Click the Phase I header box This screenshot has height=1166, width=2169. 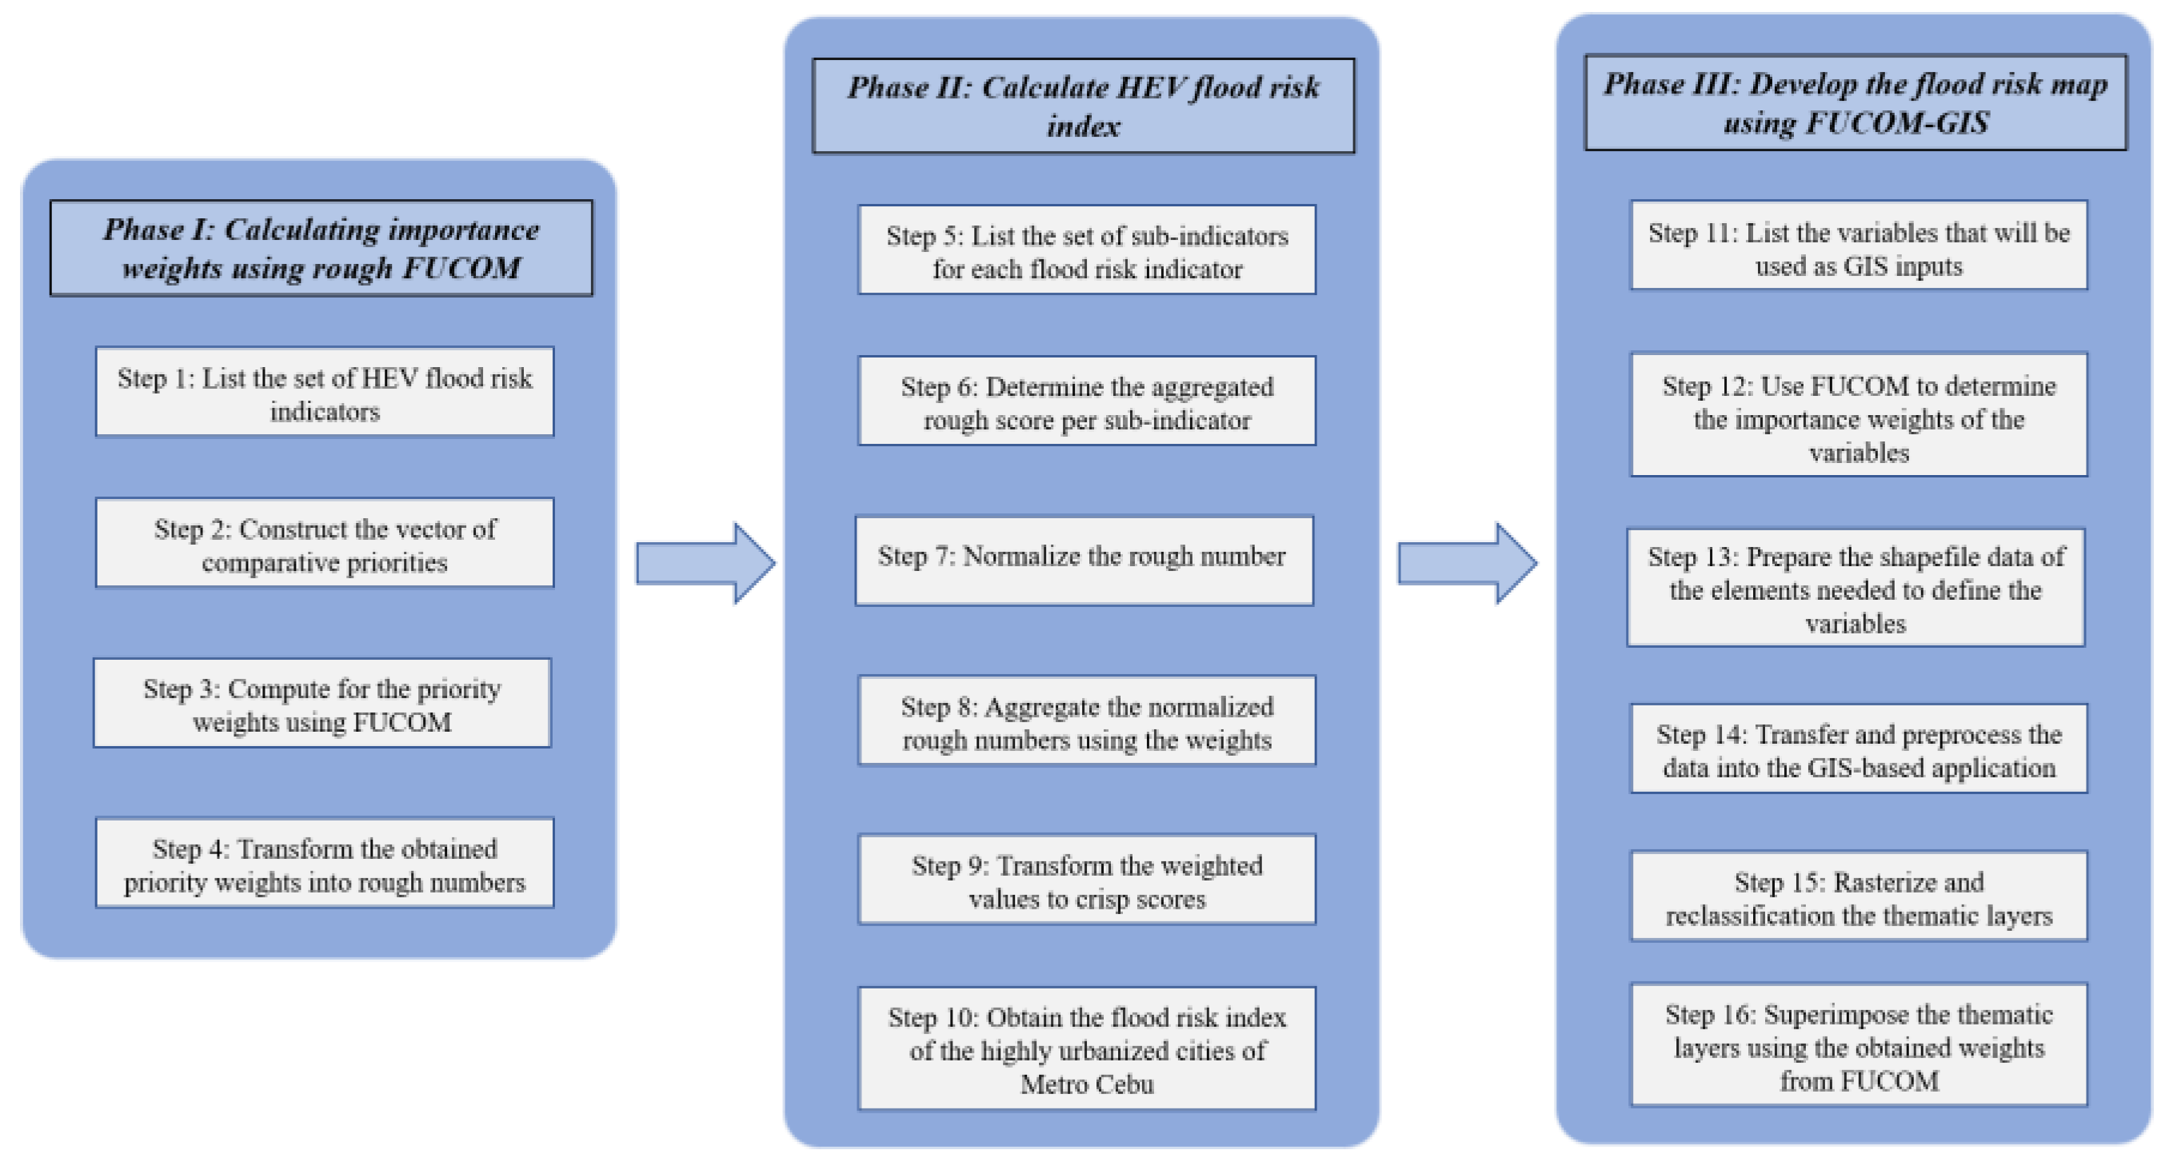(x=321, y=249)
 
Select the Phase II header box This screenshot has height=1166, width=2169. (x=1083, y=106)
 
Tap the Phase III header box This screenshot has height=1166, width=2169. (x=1855, y=102)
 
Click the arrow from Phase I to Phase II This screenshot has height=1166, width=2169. (x=705, y=563)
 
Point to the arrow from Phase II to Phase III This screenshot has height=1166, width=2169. (x=1467, y=563)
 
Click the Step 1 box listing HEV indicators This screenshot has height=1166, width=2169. (x=324, y=393)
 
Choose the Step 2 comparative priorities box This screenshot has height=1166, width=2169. (x=324, y=543)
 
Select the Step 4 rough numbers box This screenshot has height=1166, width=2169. (x=324, y=863)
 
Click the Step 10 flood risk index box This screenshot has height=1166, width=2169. (x=1086, y=1049)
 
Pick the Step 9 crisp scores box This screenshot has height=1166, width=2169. (x=1086, y=880)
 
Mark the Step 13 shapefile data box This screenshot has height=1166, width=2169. (x=1855, y=588)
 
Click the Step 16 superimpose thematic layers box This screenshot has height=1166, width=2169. (x=1859, y=1044)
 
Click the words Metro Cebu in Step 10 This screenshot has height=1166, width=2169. (x=1086, y=1084)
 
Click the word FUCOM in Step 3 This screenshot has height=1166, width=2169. (x=401, y=722)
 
